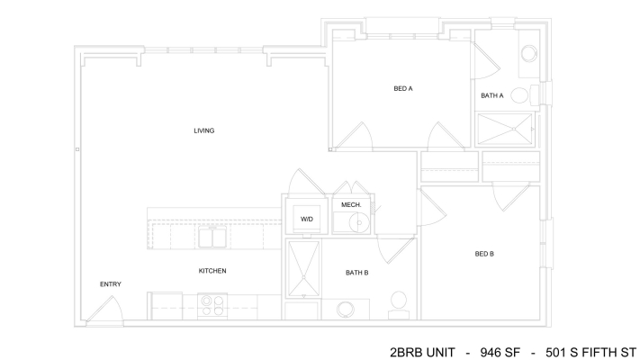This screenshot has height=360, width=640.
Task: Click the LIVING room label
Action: tap(204, 130)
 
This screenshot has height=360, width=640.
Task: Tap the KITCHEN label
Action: tap(212, 271)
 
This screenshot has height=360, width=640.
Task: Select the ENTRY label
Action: tap(111, 284)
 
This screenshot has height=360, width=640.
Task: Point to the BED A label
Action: tap(403, 88)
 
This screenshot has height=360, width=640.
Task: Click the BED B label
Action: tap(484, 254)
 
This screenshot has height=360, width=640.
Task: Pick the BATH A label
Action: tap(492, 95)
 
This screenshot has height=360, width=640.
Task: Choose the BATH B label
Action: tap(357, 273)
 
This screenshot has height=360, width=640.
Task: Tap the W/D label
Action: tap(307, 220)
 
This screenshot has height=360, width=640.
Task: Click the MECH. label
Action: tap(351, 205)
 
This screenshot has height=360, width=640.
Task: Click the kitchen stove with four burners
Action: tap(212, 306)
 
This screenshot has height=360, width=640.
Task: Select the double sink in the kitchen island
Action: tap(212, 238)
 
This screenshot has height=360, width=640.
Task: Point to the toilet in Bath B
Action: tap(399, 305)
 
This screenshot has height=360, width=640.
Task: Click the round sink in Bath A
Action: tap(529, 53)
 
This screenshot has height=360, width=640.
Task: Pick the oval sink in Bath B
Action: tap(346, 310)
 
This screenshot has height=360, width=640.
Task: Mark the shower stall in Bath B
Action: tap(303, 269)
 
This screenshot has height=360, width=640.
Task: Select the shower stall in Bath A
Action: tap(505, 129)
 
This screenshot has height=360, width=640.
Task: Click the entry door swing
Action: tap(105, 310)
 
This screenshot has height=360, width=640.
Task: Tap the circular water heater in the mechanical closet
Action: tap(359, 223)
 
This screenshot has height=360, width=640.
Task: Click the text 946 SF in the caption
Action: tap(500, 352)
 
